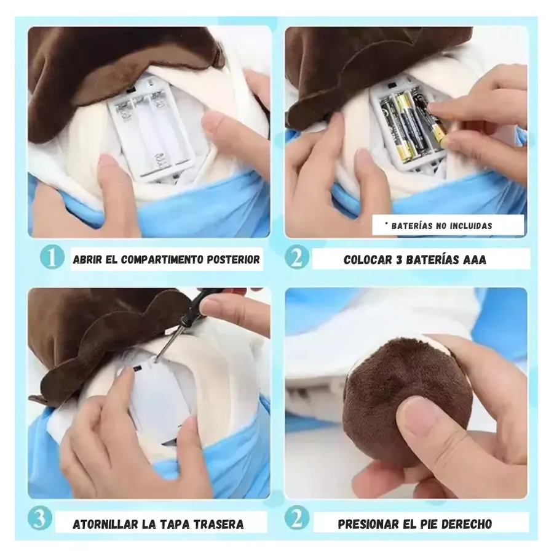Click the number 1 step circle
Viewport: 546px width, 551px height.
click(52, 257)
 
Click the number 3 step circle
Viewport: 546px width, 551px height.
click(40, 518)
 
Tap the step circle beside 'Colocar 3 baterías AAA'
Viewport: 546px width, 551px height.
click(297, 257)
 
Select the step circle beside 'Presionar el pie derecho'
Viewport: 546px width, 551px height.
click(297, 518)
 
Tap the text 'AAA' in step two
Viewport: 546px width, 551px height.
click(475, 260)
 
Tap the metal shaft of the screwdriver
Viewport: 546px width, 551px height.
click(168, 341)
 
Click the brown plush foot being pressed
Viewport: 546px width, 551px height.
click(408, 398)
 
